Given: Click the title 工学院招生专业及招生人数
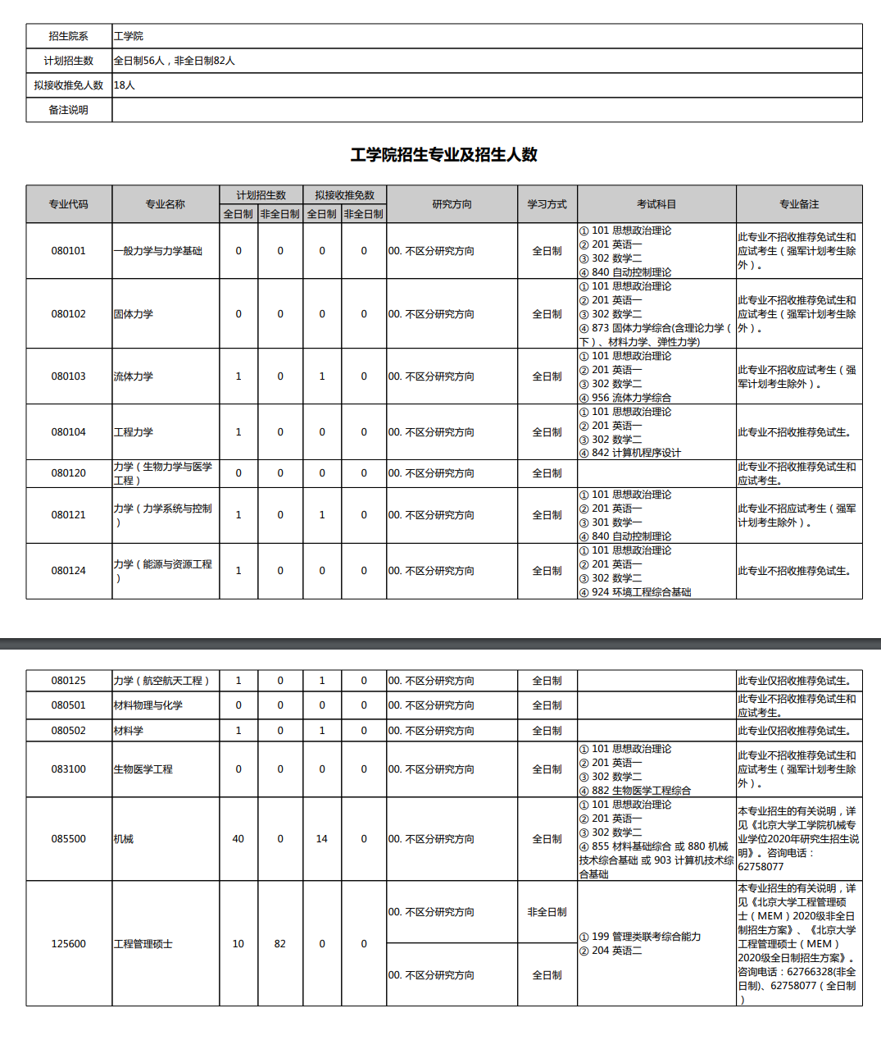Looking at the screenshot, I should click(443, 155).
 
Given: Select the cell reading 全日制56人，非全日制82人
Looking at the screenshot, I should click(175, 61).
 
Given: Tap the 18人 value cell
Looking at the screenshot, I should click(125, 85).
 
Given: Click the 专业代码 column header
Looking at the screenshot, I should click(69, 204).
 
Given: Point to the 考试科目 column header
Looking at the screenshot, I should click(656, 204).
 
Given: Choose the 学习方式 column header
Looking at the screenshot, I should click(547, 204).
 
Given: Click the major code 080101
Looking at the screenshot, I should click(69, 251).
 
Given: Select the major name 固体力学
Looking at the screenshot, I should click(134, 314).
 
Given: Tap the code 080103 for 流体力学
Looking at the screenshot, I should click(69, 376).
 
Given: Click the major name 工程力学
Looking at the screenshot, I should click(134, 432).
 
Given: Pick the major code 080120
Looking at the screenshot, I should click(69, 473).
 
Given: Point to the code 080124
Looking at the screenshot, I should click(69, 571).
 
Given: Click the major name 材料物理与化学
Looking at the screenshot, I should click(148, 705).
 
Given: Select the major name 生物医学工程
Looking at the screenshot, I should click(143, 769).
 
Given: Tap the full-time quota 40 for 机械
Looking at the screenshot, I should click(238, 839).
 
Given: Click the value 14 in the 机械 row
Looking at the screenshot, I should click(322, 839).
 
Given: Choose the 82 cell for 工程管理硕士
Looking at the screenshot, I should click(280, 944).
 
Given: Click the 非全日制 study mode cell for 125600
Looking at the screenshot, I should click(547, 912).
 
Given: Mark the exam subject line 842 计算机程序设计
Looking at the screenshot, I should click(636, 453).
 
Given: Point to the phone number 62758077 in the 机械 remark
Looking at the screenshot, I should click(761, 867).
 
